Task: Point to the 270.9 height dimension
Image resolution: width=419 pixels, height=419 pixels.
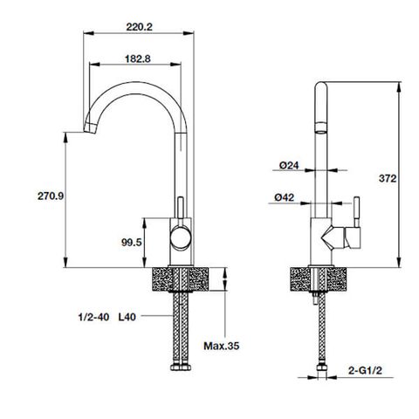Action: [x=47, y=196]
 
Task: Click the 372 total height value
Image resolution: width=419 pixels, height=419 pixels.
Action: [x=388, y=177]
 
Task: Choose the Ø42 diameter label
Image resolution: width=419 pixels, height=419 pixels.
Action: [x=283, y=197]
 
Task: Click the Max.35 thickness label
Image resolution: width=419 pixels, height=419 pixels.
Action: [x=222, y=347]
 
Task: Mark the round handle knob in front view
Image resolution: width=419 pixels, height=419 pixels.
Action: [x=180, y=235]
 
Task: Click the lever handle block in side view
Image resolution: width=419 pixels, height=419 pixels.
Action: [x=353, y=236]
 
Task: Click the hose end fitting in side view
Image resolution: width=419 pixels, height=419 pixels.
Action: [x=319, y=374]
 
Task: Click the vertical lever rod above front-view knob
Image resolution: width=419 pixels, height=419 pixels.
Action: [x=181, y=209]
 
